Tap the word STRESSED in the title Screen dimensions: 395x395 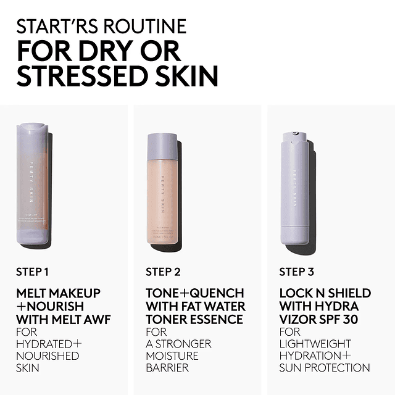pos(79,76)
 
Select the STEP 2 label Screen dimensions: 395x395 pos(163,272)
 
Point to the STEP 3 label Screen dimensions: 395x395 pos(296,272)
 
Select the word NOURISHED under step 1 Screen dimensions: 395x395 pos(48,355)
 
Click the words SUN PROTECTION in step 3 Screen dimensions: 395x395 pos(325,368)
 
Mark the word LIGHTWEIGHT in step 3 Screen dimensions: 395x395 pos(315,343)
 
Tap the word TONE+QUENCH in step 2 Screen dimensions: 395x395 pos(195,293)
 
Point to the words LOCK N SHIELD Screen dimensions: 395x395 pos(325,293)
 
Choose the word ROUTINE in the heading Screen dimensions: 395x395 pos(151,27)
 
